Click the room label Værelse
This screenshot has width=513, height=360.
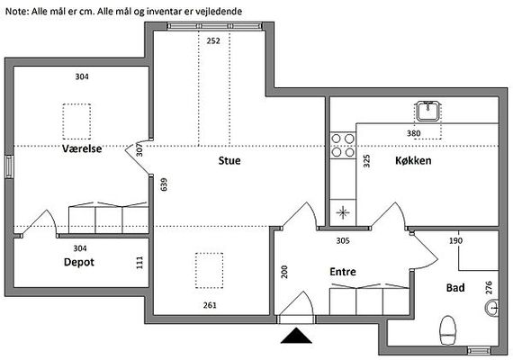(x=82, y=148)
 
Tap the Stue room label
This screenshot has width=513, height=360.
(x=229, y=160)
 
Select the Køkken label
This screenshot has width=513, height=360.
(x=413, y=160)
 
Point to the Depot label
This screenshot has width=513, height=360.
(x=79, y=262)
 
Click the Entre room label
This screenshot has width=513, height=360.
(x=343, y=272)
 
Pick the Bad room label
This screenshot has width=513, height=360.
(x=455, y=288)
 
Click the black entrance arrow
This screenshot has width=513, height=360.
(x=296, y=336)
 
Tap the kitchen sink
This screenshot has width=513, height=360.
(x=427, y=111)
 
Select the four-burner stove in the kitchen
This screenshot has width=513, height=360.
(x=343, y=146)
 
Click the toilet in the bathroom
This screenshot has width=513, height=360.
(x=448, y=330)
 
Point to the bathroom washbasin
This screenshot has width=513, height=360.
(x=491, y=308)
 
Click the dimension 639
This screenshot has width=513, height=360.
(x=164, y=184)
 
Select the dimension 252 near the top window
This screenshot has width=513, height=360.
(x=213, y=40)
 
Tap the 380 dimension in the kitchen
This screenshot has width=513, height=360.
(x=413, y=133)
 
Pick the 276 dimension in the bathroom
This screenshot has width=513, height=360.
(x=489, y=287)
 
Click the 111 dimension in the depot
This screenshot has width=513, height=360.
(x=139, y=263)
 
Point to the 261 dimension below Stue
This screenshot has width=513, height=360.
(x=210, y=305)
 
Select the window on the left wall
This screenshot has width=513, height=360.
(x=9, y=166)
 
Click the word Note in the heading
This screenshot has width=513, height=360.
(x=17, y=12)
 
